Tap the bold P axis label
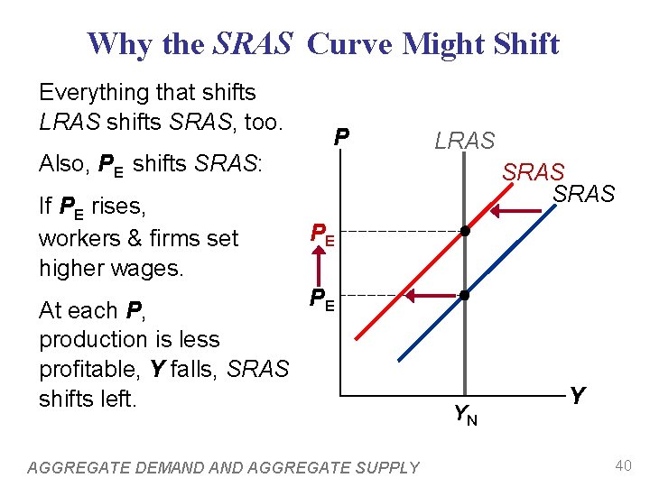click(x=340, y=138)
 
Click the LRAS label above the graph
click(x=465, y=141)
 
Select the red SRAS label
click(x=534, y=171)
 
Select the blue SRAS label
click(x=584, y=193)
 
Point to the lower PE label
click(x=323, y=298)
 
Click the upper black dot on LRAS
click(x=464, y=231)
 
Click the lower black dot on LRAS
click(x=464, y=295)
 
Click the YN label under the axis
click(x=466, y=414)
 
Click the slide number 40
click(x=622, y=465)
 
